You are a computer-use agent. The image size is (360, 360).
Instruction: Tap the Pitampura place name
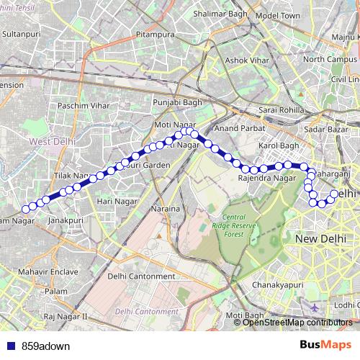pyautogui.click(x=156, y=34)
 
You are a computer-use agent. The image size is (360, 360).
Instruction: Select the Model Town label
pyautogui.click(x=277, y=15)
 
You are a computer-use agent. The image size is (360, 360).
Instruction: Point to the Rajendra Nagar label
pyautogui.click(x=266, y=177)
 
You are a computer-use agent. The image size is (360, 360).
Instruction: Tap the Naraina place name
pyautogui.click(x=165, y=208)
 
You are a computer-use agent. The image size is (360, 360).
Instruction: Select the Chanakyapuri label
pyautogui.click(x=277, y=285)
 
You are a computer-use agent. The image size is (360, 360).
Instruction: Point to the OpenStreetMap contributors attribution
pyautogui.click(x=297, y=323)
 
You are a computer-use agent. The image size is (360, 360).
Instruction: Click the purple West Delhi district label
pyautogui.click(x=51, y=142)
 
